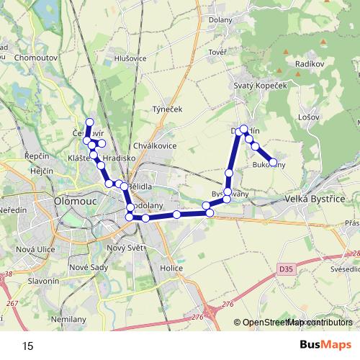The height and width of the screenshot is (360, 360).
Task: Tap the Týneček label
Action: [x=168, y=109]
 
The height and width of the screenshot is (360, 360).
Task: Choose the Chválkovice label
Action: [x=156, y=145]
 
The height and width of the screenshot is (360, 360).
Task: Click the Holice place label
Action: [x=171, y=268]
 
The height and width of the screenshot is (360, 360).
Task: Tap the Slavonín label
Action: [x=43, y=280]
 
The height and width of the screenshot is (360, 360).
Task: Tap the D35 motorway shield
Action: [x=286, y=268]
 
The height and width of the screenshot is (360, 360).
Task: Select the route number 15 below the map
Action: [x=28, y=346]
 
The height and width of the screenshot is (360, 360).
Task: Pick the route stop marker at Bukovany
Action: [x=273, y=163]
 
